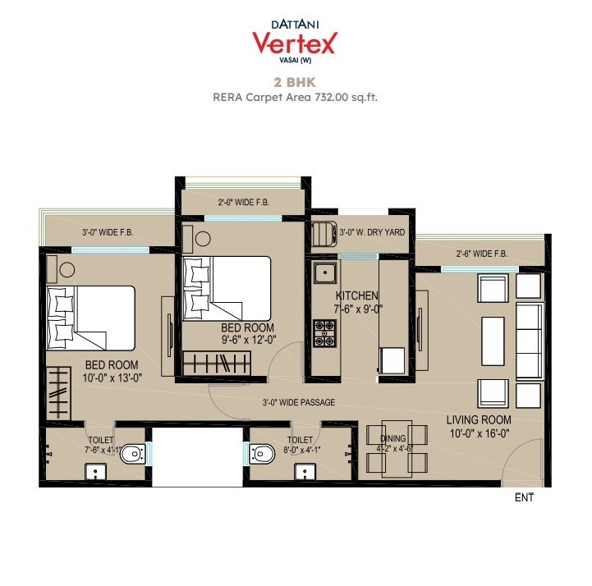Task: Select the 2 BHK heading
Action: [x=295, y=82]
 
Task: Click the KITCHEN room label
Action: [x=356, y=295]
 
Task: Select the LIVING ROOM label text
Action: [x=479, y=419]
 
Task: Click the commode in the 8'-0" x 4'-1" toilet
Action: [x=262, y=451]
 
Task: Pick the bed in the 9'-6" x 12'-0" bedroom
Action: [x=227, y=287]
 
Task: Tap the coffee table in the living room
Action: [x=492, y=339]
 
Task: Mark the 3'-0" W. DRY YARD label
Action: [x=372, y=232]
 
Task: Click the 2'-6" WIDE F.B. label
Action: [x=481, y=254]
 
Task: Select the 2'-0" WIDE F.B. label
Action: [x=244, y=202]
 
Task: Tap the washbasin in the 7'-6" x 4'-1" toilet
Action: [x=97, y=472]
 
